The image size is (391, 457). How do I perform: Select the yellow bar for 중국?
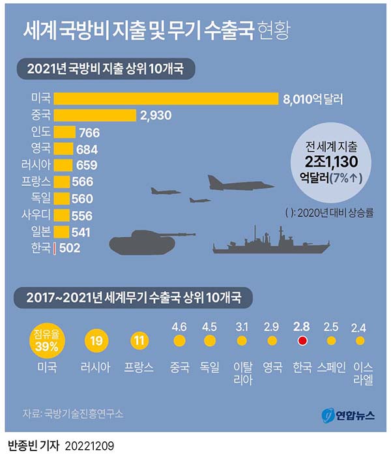coord(94,115)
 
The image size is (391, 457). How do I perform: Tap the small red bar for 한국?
coord(54,248)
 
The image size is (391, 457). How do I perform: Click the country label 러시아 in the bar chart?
coord(36,165)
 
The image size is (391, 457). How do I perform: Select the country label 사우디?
coord(36,215)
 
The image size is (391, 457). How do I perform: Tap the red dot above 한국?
coord(302,340)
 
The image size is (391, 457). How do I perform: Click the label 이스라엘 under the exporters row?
coord(362,374)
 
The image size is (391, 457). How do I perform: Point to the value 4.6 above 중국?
coord(179,325)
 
